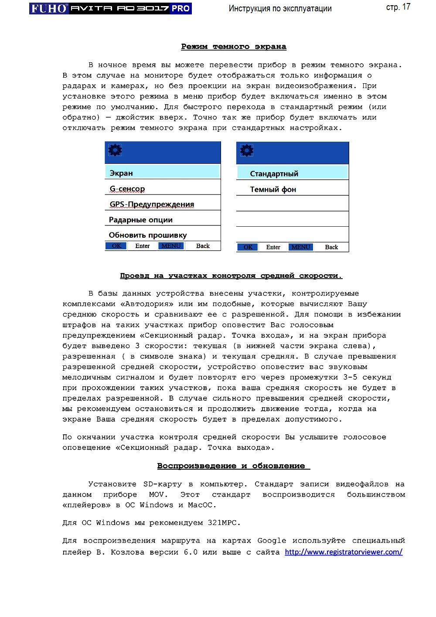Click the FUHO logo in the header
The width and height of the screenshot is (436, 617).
tap(49, 8)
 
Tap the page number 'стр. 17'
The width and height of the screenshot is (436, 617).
tap(398, 7)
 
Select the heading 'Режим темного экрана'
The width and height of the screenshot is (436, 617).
tap(234, 47)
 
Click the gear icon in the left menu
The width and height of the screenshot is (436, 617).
tap(115, 150)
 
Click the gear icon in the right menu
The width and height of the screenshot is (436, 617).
tap(246, 150)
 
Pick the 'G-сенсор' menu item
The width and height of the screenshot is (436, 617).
tap(127, 189)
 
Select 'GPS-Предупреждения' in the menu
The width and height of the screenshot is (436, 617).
tap(152, 204)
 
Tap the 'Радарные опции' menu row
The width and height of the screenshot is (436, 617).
tap(141, 220)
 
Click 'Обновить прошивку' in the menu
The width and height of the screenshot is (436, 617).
tap(148, 235)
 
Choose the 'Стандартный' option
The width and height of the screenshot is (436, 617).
tap(274, 174)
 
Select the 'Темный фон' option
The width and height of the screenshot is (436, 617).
tap(273, 189)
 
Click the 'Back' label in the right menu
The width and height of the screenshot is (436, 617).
tap(331, 247)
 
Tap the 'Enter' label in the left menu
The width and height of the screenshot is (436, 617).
tap(143, 246)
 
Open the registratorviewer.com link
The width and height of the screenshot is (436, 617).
tap(344, 552)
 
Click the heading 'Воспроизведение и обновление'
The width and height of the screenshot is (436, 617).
tap(234, 466)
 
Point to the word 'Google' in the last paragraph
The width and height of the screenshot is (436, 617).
tap(272, 541)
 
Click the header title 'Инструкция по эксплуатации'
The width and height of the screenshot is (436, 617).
tap(280, 8)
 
